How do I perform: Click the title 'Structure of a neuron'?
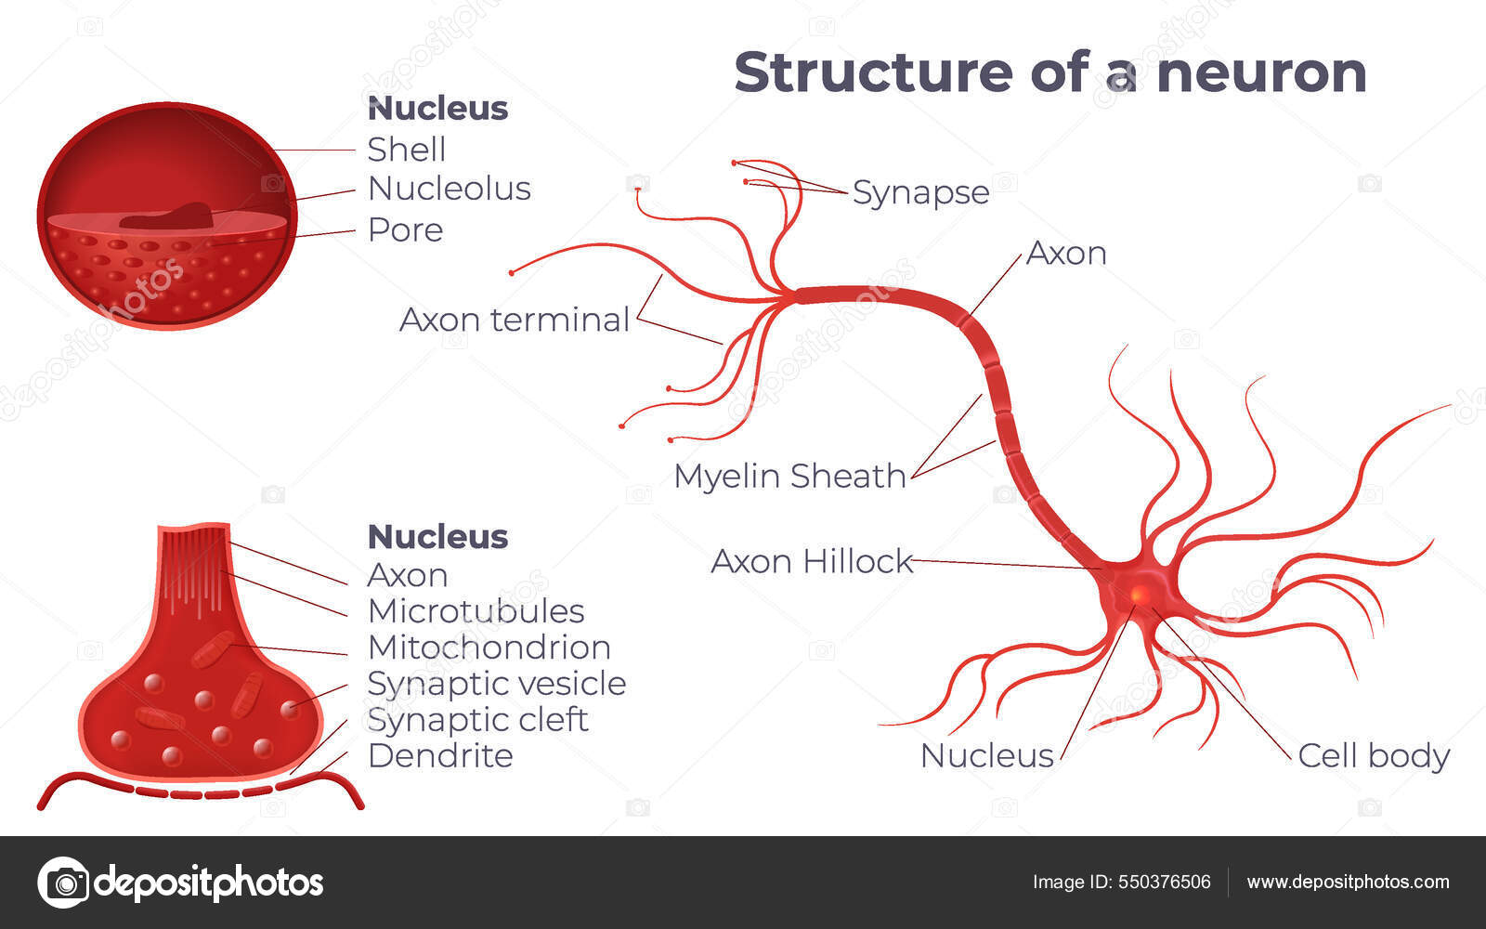point(1049,72)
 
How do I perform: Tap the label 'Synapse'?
point(920,192)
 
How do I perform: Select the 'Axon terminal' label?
point(515,320)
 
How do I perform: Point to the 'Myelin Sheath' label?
point(789,476)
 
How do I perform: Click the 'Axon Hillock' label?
point(812,561)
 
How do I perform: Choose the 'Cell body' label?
point(1374,755)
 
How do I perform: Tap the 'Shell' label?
point(406,149)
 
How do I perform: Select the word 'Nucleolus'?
point(449,189)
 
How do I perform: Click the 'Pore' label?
point(405,229)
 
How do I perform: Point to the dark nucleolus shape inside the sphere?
point(167,216)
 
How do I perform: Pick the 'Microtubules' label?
point(476,611)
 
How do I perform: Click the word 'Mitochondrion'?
point(489,648)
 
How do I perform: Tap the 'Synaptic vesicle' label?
point(496,684)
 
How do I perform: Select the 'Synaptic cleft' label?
point(477,720)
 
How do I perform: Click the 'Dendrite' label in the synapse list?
point(439,756)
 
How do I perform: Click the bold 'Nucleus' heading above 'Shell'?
point(437,109)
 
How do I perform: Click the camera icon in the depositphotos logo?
point(63,882)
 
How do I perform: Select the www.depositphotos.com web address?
point(1348,882)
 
